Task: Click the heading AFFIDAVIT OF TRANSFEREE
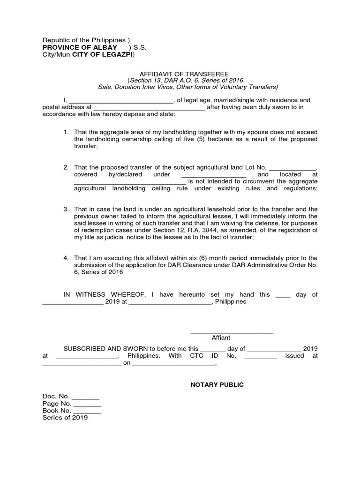(184, 74)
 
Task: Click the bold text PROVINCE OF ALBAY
(80, 48)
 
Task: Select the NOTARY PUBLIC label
(217, 384)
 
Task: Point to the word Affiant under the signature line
(221, 337)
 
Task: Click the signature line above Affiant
(232, 333)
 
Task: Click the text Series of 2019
(65, 418)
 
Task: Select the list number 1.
(66, 133)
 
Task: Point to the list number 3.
(66, 209)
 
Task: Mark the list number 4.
(66, 258)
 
